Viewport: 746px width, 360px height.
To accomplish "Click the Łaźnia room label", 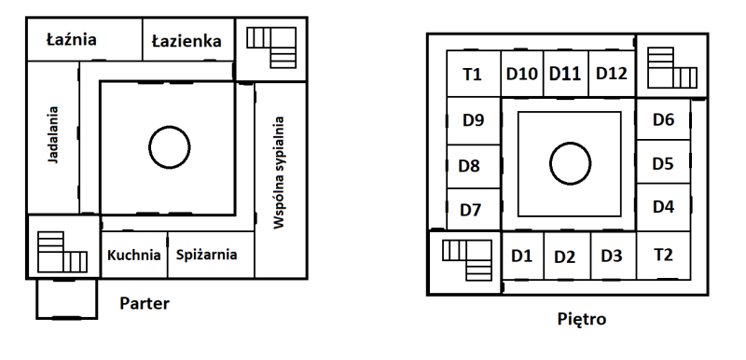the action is [72, 39].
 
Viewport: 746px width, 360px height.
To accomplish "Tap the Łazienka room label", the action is [186, 41].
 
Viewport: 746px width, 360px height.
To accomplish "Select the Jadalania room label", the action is [53, 135].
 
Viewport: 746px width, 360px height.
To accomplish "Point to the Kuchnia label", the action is [133, 256].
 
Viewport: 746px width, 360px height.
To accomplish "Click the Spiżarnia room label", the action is [206, 255].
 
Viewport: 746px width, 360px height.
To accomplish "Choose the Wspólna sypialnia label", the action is [279, 173].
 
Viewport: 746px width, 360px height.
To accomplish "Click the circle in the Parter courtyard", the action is [170, 147].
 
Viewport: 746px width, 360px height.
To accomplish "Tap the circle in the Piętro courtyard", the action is [570, 163].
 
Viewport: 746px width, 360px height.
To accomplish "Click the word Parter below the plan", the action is [145, 303].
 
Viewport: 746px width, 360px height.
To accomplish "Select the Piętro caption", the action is [581, 319].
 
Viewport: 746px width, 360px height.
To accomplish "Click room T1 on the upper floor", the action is [474, 75].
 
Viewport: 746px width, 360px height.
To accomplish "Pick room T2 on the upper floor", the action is [663, 256].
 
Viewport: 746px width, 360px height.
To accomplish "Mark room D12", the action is [612, 74].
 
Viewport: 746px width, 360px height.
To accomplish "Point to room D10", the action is [522, 74].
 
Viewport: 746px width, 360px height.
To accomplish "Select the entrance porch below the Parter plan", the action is [66, 298].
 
